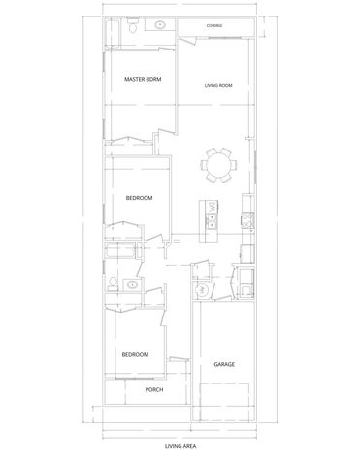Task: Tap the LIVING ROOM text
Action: [x=218, y=86]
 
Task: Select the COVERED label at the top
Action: [x=213, y=25]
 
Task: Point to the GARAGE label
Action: [x=224, y=364]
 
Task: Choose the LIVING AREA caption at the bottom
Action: [x=180, y=448]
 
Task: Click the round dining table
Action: [x=219, y=165]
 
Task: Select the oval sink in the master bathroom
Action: [x=158, y=27]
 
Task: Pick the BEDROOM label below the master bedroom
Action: [x=140, y=198]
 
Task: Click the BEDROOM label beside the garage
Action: [x=135, y=354]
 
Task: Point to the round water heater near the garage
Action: [x=203, y=288]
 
